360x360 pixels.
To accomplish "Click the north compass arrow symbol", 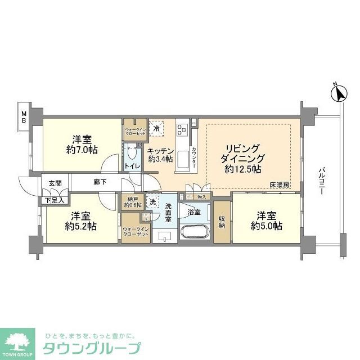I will click(338, 93).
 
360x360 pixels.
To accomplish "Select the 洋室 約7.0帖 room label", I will click(82, 145).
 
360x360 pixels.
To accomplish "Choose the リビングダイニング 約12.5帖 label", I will click(240, 158).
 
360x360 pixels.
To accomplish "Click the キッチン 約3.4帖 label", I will click(160, 155).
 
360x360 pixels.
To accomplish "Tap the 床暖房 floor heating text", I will click(278, 185).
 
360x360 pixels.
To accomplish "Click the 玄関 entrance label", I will click(55, 183).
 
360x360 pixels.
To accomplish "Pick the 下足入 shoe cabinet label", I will click(55, 199).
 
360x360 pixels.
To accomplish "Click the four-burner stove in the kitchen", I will click(182, 130).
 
